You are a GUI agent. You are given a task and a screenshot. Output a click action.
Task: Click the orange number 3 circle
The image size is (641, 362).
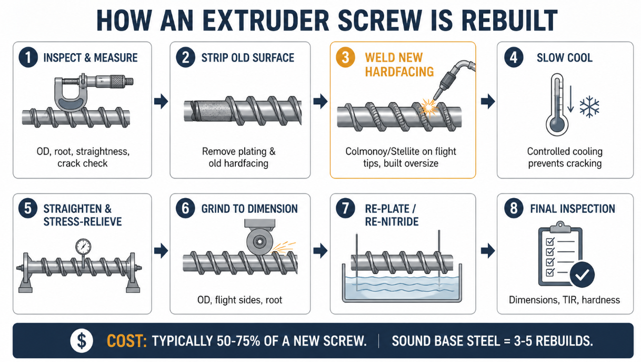pyautogui.click(x=345, y=57)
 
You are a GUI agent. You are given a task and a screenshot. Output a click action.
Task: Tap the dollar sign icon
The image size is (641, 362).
pyautogui.click(x=82, y=341)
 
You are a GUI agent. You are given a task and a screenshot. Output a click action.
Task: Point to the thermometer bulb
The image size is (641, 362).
pyautogui.click(x=557, y=125)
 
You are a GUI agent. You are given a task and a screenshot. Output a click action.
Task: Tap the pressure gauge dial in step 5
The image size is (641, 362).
pyautogui.click(x=83, y=247)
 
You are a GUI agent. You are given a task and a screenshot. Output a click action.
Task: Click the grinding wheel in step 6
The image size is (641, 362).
pyautogui.click(x=259, y=241)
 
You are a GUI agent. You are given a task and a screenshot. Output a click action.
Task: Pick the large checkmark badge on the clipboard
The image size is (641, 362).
pyautogui.click(x=582, y=275)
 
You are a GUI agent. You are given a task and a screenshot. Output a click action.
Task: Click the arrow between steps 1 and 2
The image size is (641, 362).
pyautogui.click(x=161, y=101)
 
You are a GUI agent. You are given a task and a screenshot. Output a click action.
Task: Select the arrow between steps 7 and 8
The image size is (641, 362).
pyautogui.click(x=488, y=251)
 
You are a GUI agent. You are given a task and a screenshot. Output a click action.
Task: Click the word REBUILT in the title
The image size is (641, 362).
pyautogui.click(x=509, y=21)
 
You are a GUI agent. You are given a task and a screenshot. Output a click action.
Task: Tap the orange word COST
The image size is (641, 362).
pyautogui.click(x=127, y=341)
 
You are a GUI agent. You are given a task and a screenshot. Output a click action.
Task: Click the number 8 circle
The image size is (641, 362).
pyautogui.click(x=514, y=208)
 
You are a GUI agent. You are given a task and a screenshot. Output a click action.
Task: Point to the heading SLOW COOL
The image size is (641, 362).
pyautogui.click(x=564, y=58)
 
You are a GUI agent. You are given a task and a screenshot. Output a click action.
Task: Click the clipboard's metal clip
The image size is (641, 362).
pyautogui.click(x=560, y=227)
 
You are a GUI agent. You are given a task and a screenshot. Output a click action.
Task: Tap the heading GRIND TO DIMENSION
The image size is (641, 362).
pyautogui.click(x=249, y=209)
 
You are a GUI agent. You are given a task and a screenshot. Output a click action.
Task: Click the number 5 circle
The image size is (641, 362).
pyautogui.click(x=28, y=208)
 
